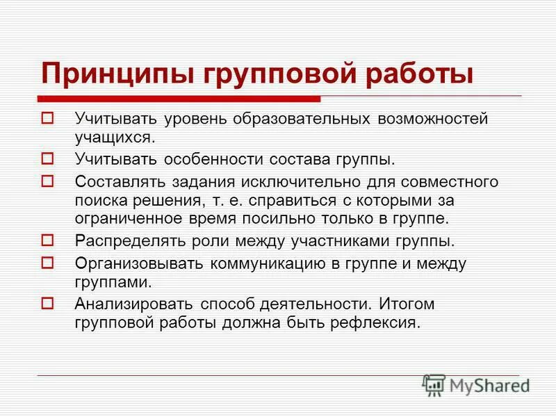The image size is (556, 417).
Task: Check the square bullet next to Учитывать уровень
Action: [x=48, y=118]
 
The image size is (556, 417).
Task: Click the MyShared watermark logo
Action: [x=476, y=384]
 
